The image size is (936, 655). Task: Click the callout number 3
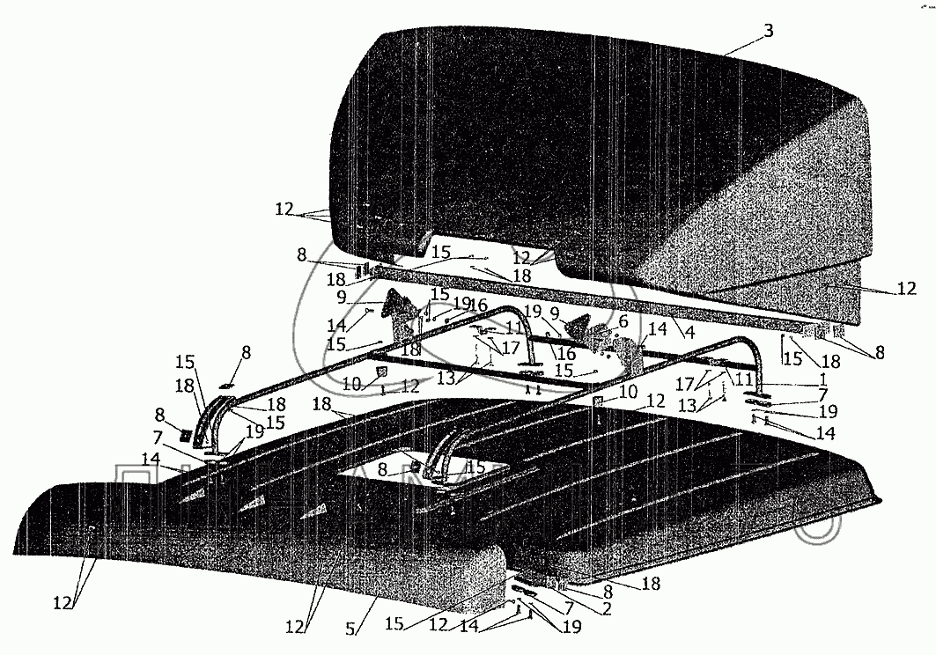[769, 31]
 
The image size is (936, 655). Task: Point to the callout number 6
[623, 321]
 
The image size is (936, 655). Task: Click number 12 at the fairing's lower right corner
[908, 288]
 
